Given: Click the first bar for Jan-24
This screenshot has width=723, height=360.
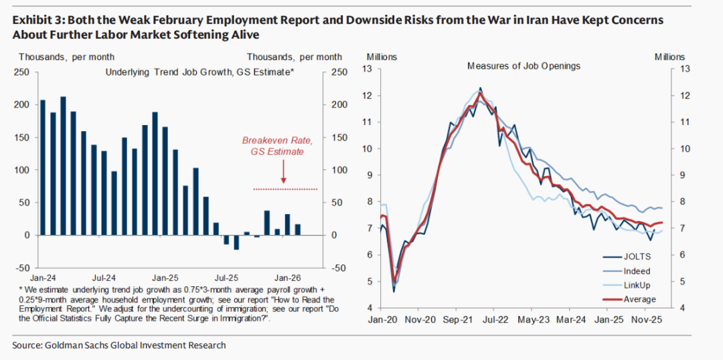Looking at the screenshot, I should pyautogui.click(x=43, y=167).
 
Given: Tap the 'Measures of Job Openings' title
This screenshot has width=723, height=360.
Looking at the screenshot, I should pyautogui.click(x=524, y=66).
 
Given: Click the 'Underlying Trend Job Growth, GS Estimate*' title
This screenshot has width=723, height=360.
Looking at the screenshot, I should pyautogui.click(x=199, y=71).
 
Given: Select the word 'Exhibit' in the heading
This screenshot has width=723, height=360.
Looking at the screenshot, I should pyautogui.click(x=31, y=20).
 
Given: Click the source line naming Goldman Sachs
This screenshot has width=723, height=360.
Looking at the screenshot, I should pyautogui.click(x=119, y=345).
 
